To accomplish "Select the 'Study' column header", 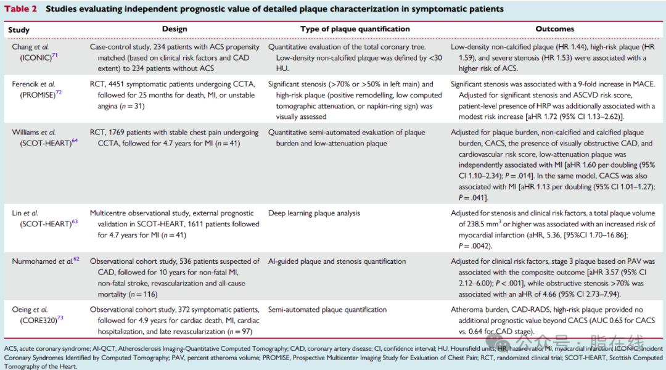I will [x=18, y=30].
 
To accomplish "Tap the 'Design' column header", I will [x=175, y=29].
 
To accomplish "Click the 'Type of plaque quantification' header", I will [x=355, y=29].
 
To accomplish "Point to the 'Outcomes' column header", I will [x=554, y=29].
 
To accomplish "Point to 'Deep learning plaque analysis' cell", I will [x=314, y=213].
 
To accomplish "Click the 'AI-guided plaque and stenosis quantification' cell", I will [x=337, y=261].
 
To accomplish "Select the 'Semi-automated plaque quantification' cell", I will [x=327, y=310].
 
